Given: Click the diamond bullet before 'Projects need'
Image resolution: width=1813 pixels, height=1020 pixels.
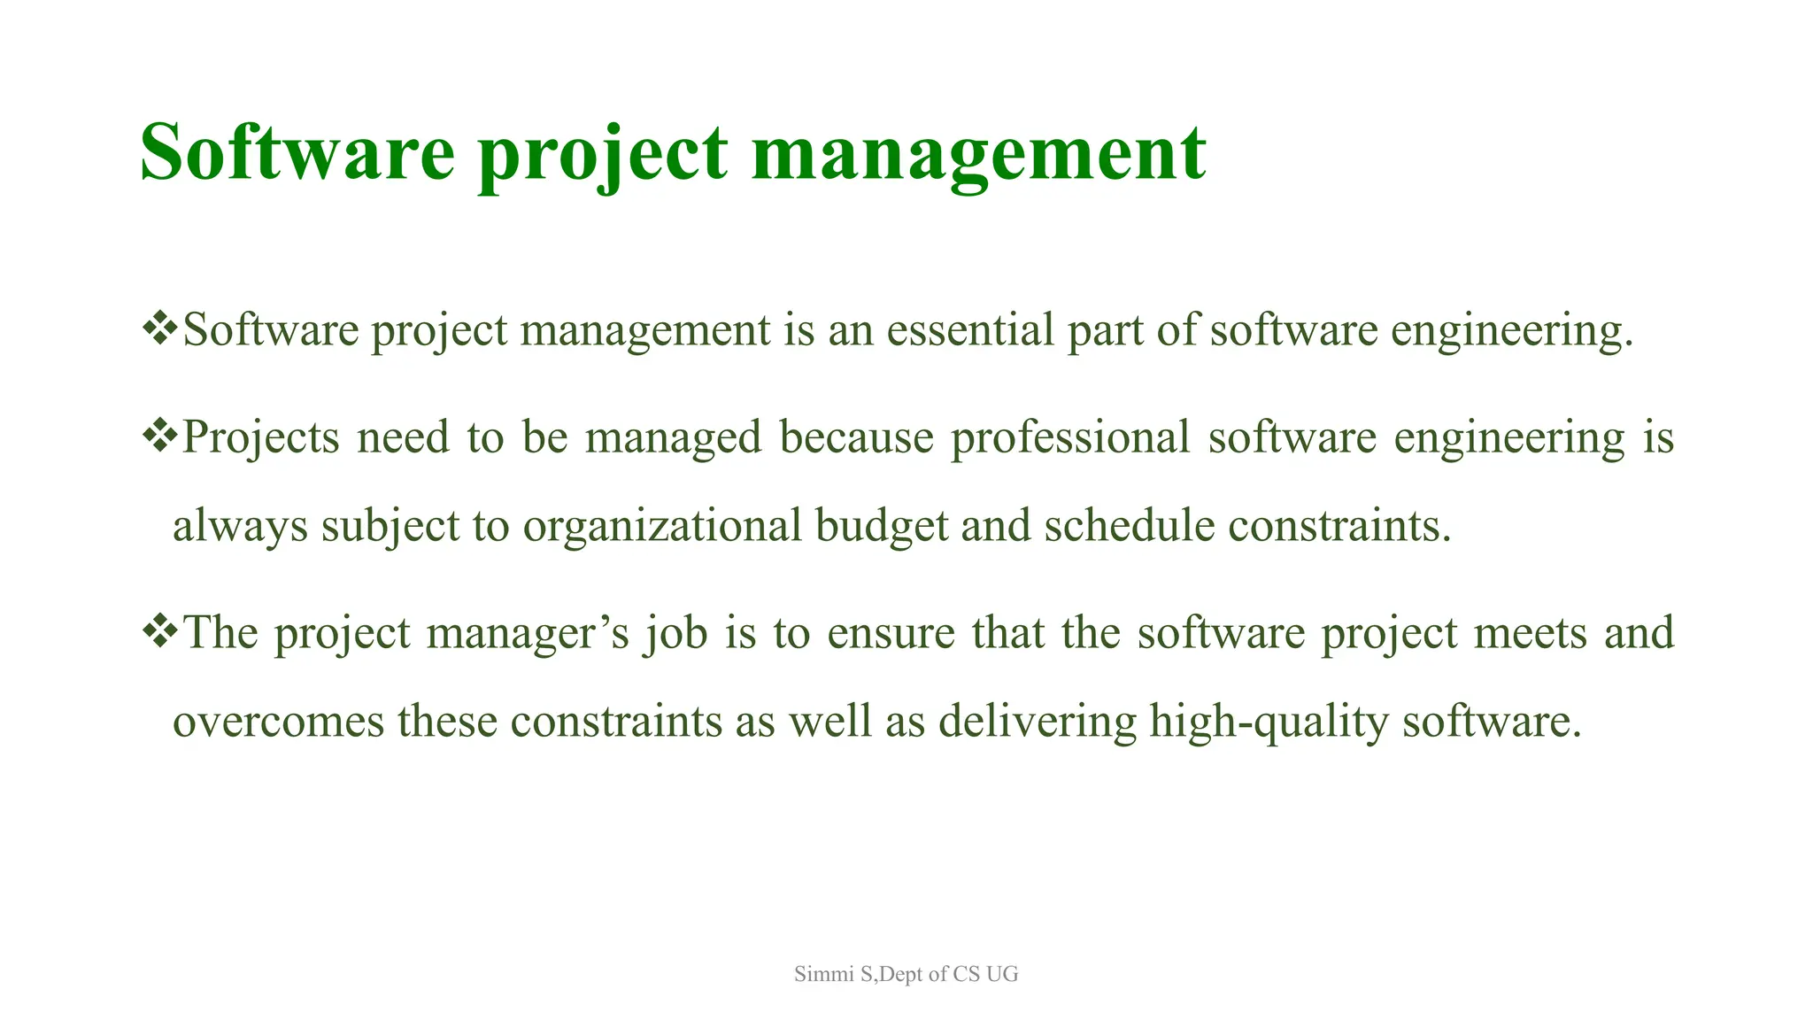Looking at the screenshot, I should [160, 436].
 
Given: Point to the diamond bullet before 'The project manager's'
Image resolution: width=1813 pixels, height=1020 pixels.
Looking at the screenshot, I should [160, 631].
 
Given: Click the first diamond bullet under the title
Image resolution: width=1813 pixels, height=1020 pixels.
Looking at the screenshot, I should [160, 328].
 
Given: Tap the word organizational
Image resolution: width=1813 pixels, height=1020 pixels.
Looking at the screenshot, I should [662, 526].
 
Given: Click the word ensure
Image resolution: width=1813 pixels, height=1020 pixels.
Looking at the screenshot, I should [891, 634].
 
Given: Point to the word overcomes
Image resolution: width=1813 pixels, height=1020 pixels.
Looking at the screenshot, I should [278, 721].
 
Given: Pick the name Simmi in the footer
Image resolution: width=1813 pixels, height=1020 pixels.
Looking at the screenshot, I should [822, 974].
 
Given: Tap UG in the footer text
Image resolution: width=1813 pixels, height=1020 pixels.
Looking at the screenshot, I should [1002, 974].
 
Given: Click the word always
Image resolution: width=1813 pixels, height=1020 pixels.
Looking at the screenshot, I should [240, 526].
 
